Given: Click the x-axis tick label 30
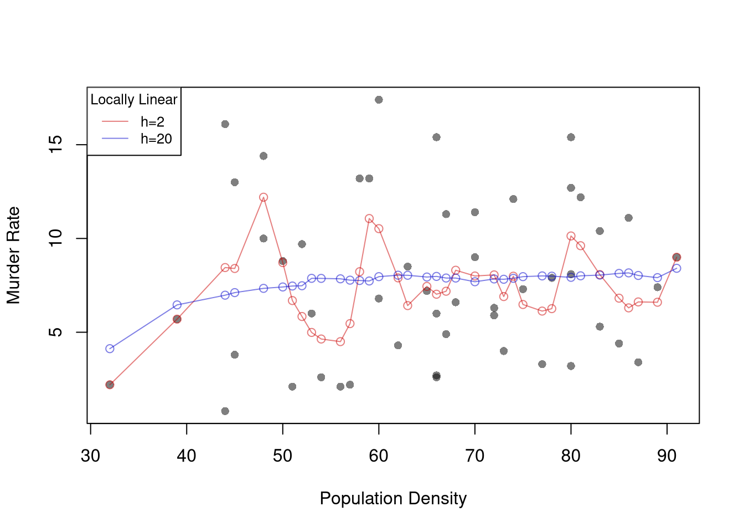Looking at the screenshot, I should pos(90,456).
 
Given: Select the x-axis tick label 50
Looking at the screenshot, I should pos(282,456).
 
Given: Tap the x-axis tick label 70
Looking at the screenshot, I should pos(474,456).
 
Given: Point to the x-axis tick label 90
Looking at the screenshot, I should pos(666,456).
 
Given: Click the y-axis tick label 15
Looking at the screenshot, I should pos(56,145).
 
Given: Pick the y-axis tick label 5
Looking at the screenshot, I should pos(56,332).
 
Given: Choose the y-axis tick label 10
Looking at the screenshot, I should pos(56,238).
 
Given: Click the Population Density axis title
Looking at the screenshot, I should pos(393,499).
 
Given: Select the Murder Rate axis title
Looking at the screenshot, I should pos(13,255).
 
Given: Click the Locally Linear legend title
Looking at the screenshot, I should pos(134,100).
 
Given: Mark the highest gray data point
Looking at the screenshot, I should pos(379,100).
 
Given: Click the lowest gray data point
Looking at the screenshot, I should pos(225,411).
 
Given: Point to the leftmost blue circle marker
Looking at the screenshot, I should pos(110,349).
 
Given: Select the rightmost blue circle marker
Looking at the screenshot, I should pos(676,268).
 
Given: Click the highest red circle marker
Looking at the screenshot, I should pos(263,197).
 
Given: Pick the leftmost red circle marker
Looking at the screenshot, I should pos(110,385).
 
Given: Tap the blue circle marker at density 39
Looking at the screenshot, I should pos(177,305).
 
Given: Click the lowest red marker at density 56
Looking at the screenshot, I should pos(340,342).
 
